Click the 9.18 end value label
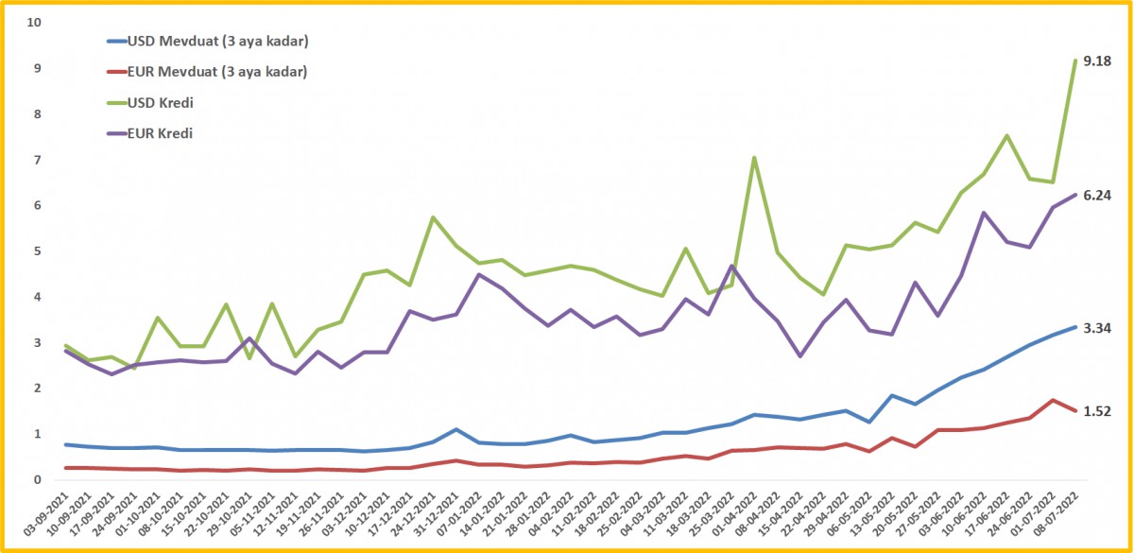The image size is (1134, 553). click(x=1097, y=60)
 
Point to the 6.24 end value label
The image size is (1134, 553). click(x=1097, y=195)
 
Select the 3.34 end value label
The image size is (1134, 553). click(x=1097, y=328)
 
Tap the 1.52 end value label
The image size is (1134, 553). click(x=1097, y=411)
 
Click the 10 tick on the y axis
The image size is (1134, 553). click(x=36, y=22)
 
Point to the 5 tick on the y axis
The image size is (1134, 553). click(x=39, y=251)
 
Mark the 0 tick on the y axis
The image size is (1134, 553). click(x=39, y=480)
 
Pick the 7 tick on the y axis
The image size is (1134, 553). click(x=39, y=160)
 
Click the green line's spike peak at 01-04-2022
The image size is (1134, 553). click(x=753, y=158)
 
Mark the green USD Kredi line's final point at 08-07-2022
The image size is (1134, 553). click(x=1075, y=60)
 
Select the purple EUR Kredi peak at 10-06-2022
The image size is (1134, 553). click(x=984, y=213)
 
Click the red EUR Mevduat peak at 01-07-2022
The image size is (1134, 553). click(x=1053, y=400)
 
